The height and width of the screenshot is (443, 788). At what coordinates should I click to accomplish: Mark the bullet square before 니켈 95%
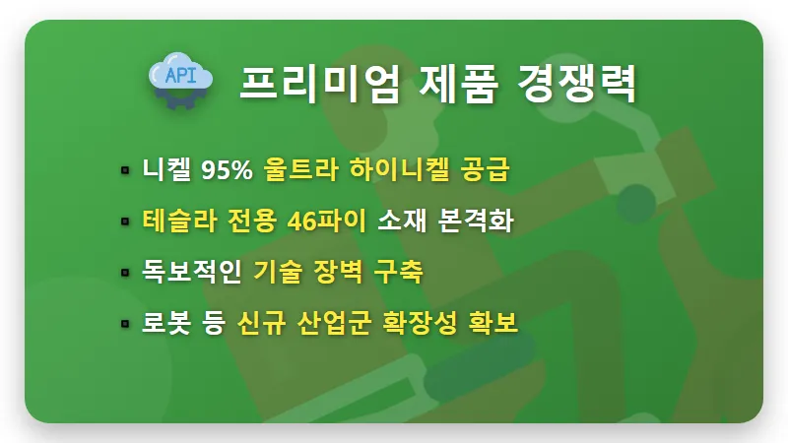tap(125, 170)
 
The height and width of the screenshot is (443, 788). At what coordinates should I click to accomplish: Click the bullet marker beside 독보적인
tap(125, 273)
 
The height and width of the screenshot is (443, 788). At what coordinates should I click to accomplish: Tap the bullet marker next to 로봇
tap(125, 324)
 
